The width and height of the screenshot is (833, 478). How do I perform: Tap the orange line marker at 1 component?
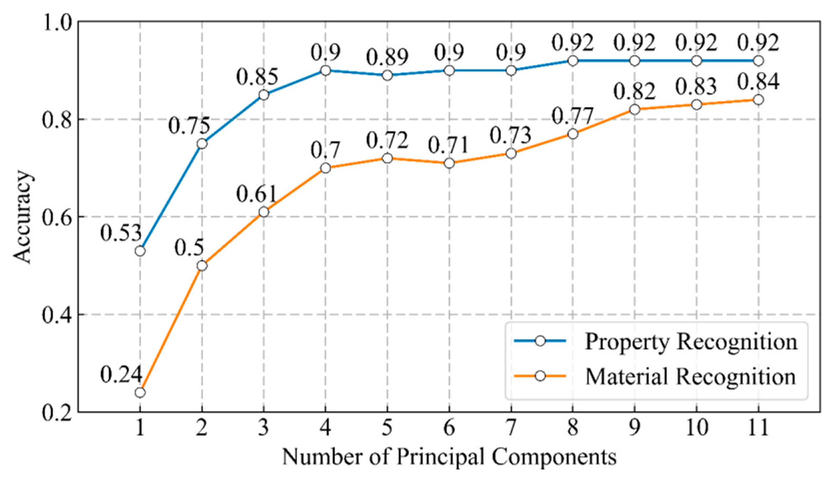(x=140, y=393)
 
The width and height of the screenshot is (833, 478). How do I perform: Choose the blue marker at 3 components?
(x=264, y=95)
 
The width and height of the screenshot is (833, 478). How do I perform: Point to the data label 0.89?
(x=387, y=58)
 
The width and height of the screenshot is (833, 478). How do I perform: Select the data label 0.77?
(x=572, y=116)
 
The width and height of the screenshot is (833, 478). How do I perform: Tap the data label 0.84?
(x=758, y=82)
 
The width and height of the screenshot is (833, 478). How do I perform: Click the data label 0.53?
(x=121, y=234)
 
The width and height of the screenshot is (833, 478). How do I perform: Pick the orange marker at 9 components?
(x=635, y=109)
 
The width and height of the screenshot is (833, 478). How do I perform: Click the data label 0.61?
(x=257, y=194)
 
